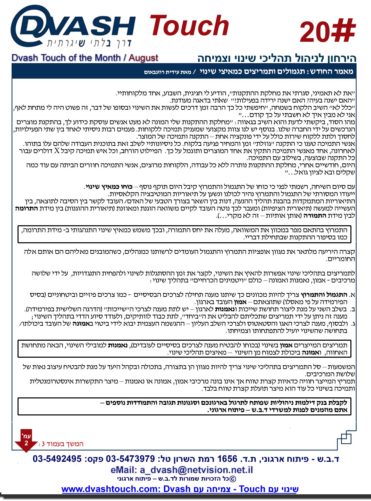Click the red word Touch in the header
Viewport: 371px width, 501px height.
point(189,26)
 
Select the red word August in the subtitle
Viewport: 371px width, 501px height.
point(143,58)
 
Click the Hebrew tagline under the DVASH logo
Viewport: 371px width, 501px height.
point(89,43)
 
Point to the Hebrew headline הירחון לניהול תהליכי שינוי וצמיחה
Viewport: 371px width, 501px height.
point(277,58)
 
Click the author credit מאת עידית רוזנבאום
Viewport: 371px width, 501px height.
point(167,72)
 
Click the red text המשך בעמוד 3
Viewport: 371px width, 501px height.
point(61,444)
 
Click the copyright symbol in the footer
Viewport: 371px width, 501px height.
point(232,479)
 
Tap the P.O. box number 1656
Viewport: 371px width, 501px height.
point(227,459)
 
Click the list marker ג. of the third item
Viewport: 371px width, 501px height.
point(353,324)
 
